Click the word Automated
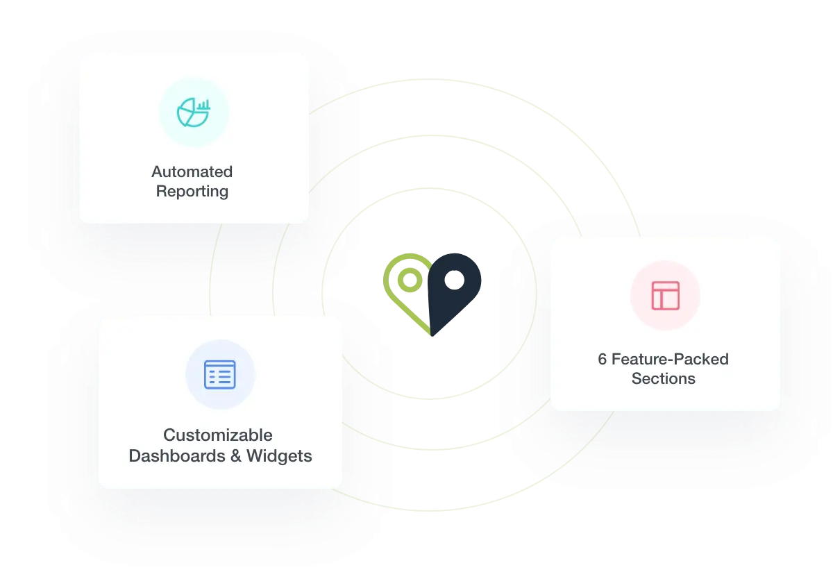click(192, 171)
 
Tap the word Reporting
click(192, 191)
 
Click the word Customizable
click(218, 435)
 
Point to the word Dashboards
click(175, 456)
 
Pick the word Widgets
click(279, 456)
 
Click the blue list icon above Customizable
click(220, 375)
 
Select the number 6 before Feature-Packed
click(603, 360)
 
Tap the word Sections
click(664, 379)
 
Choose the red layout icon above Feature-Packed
click(665, 296)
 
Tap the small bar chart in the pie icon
click(204, 106)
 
